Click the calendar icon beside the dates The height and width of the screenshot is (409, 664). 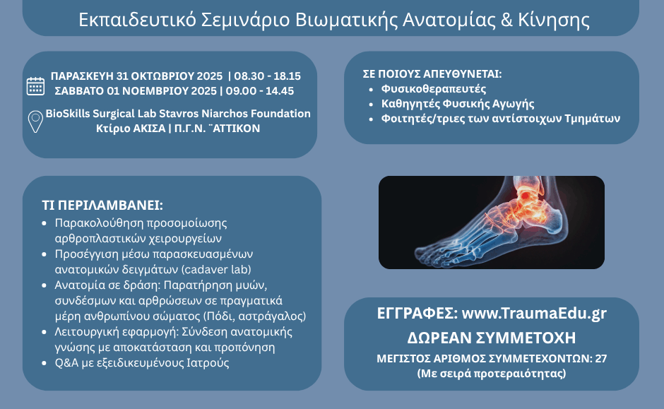(35, 85)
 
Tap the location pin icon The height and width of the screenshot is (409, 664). (35, 121)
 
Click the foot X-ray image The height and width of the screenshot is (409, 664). (491, 222)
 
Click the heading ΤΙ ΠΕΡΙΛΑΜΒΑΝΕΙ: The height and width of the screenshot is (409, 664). (102, 206)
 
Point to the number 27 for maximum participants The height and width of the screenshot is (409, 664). (600, 359)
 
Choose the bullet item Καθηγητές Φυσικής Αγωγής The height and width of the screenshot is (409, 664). (458, 104)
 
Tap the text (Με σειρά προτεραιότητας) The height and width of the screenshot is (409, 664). (492, 374)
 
